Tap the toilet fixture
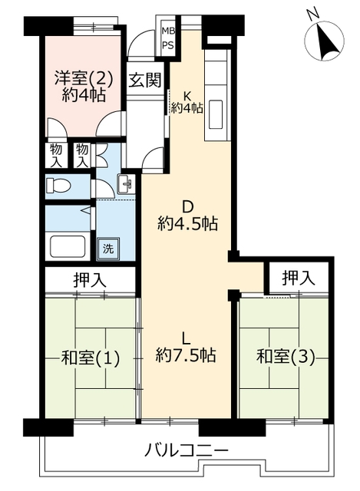(58, 186)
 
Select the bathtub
(68, 246)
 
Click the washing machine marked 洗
(108, 249)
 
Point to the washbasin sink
(126, 184)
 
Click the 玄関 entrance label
(145, 80)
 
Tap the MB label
(168, 31)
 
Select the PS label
(168, 45)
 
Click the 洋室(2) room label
(84, 78)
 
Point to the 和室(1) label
(91, 358)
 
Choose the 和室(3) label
(286, 357)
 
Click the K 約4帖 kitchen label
(187, 103)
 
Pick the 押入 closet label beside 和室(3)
(299, 278)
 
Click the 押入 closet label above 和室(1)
(90, 280)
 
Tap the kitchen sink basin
(216, 114)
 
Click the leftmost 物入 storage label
(56, 155)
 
